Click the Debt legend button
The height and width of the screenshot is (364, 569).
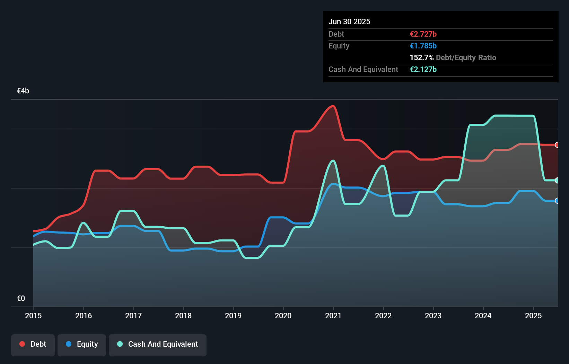[33, 344]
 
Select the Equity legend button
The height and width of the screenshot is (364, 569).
[82, 344]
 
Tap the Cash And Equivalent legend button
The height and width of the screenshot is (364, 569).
[158, 344]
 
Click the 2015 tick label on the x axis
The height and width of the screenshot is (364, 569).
[33, 316]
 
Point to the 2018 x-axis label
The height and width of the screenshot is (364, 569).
[183, 316]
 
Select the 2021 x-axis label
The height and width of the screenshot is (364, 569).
[333, 316]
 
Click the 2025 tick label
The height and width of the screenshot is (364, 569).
[533, 316]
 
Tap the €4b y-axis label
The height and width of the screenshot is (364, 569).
[23, 91]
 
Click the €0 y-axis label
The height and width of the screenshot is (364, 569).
[21, 299]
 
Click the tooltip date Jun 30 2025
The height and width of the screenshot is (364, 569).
[349, 21]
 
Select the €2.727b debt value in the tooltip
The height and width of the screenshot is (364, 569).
[423, 34]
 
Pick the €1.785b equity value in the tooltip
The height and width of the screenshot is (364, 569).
[423, 46]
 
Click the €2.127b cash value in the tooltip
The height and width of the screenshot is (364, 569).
[423, 70]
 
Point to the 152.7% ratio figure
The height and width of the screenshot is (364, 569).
[421, 58]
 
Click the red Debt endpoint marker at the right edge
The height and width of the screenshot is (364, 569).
[557, 145]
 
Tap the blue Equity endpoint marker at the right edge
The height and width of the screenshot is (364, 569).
[557, 201]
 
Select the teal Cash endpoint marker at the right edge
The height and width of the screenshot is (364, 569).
[557, 180]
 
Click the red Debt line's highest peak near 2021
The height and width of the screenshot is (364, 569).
[333, 106]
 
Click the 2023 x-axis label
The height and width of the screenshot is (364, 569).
[433, 316]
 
